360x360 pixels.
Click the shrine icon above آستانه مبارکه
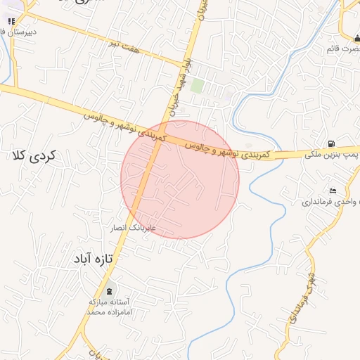109,290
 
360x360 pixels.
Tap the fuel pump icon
330,143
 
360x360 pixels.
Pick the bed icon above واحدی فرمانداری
333,191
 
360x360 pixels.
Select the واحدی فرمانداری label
330,202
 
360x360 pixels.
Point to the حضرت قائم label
343,49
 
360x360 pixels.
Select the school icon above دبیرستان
10,22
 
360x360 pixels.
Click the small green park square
198,85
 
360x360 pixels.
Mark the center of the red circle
180,180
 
